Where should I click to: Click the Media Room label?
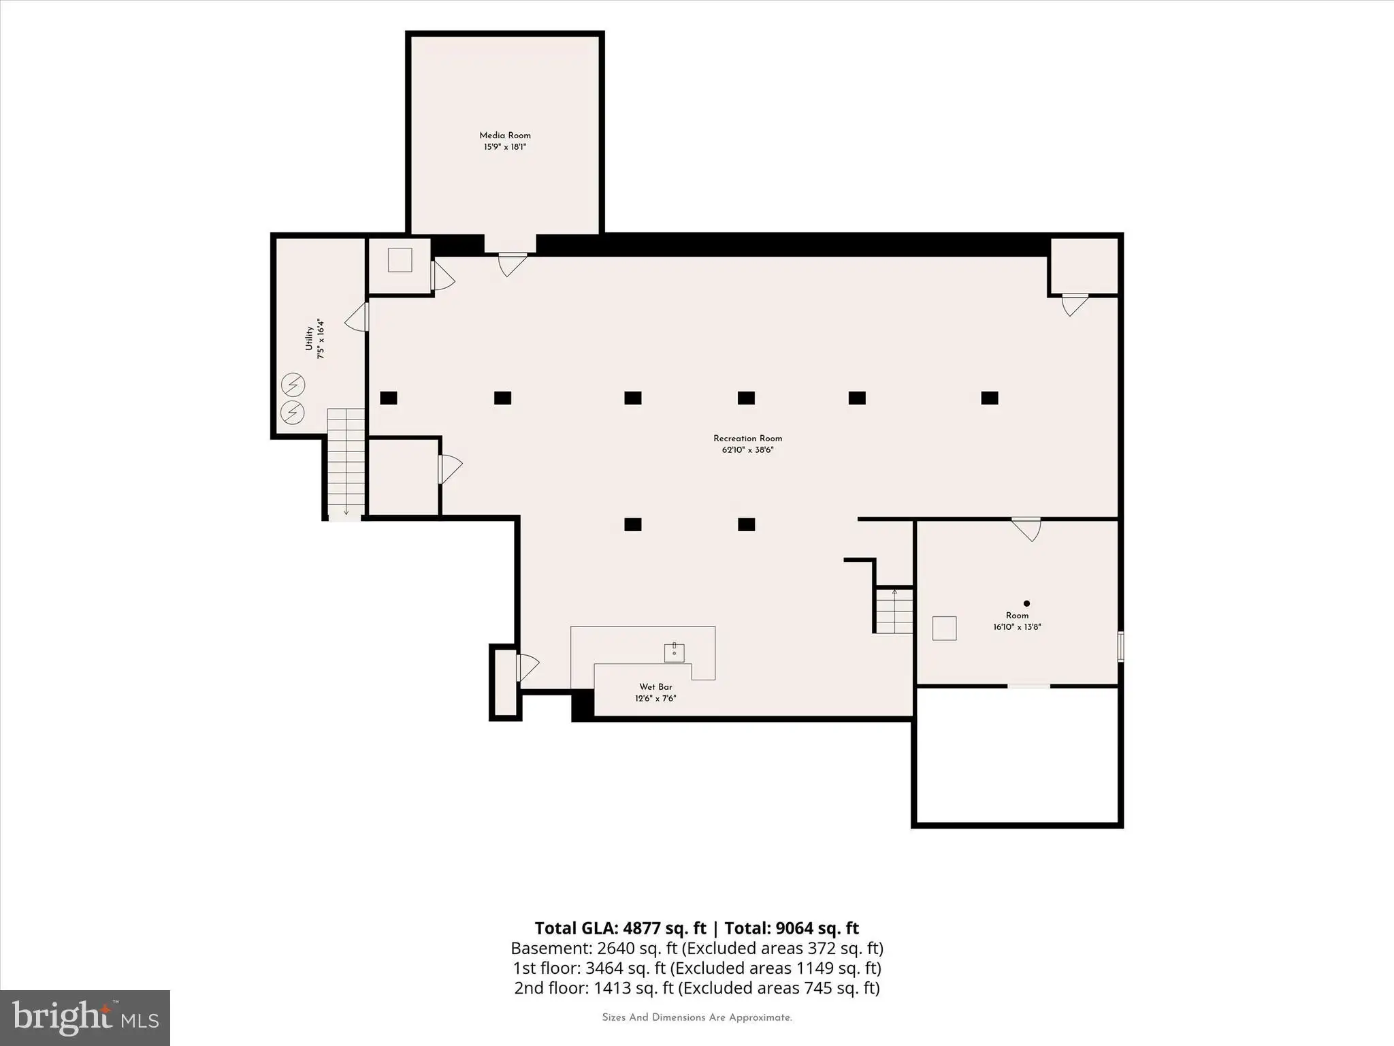(x=505, y=136)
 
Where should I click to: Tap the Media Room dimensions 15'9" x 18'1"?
(x=505, y=147)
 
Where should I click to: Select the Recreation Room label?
(x=748, y=439)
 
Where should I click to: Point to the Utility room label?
(x=309, y=338)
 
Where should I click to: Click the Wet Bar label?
(x=655, y=687)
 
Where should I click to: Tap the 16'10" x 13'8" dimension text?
(x=1017, y=627)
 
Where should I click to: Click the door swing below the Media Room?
(x=512, y=264)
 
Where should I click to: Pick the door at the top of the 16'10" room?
(x=1026, y=530)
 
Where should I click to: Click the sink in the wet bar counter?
(x=675, y=652)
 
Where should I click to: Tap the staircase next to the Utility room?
(x=346, y=462)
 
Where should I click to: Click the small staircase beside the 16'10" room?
(x=894, y=610)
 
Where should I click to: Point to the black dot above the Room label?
(x=1026, y=603)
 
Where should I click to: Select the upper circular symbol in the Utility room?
(x=293, y=386)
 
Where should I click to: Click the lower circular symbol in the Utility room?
(x=293, y=412)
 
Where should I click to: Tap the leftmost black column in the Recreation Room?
(x=389, y=398)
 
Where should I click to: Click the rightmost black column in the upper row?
(x=990, y=398)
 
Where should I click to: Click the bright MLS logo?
(x=85, y=1018)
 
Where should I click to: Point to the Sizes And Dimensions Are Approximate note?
(x=697, y=1017)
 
